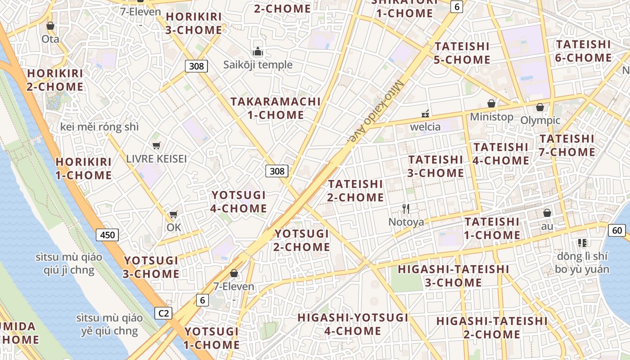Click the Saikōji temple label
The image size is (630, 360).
point(258,65)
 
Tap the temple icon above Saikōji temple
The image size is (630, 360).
point(258,52)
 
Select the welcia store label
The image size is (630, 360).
point(425,127)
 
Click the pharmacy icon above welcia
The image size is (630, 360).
point(425,113)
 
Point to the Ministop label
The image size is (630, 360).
point(491,117)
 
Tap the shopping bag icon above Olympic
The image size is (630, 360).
point(540,107)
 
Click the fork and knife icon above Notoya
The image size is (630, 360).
point(406,208)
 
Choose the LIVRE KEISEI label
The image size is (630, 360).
point(156,159)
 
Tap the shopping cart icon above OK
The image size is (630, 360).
point(174,214)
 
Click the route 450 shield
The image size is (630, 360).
point(107,234)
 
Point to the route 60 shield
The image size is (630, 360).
point(617,230)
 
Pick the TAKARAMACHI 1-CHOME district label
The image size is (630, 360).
point(275,108)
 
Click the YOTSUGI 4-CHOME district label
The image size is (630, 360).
point(239,202)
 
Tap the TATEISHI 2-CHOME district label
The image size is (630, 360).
point(355,191)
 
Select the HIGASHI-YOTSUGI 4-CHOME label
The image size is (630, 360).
point(353,324)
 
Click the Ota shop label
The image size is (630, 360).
point(50,39)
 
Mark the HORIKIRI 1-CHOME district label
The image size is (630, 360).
point(84,168)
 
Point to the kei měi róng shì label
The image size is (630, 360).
point(99,127)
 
